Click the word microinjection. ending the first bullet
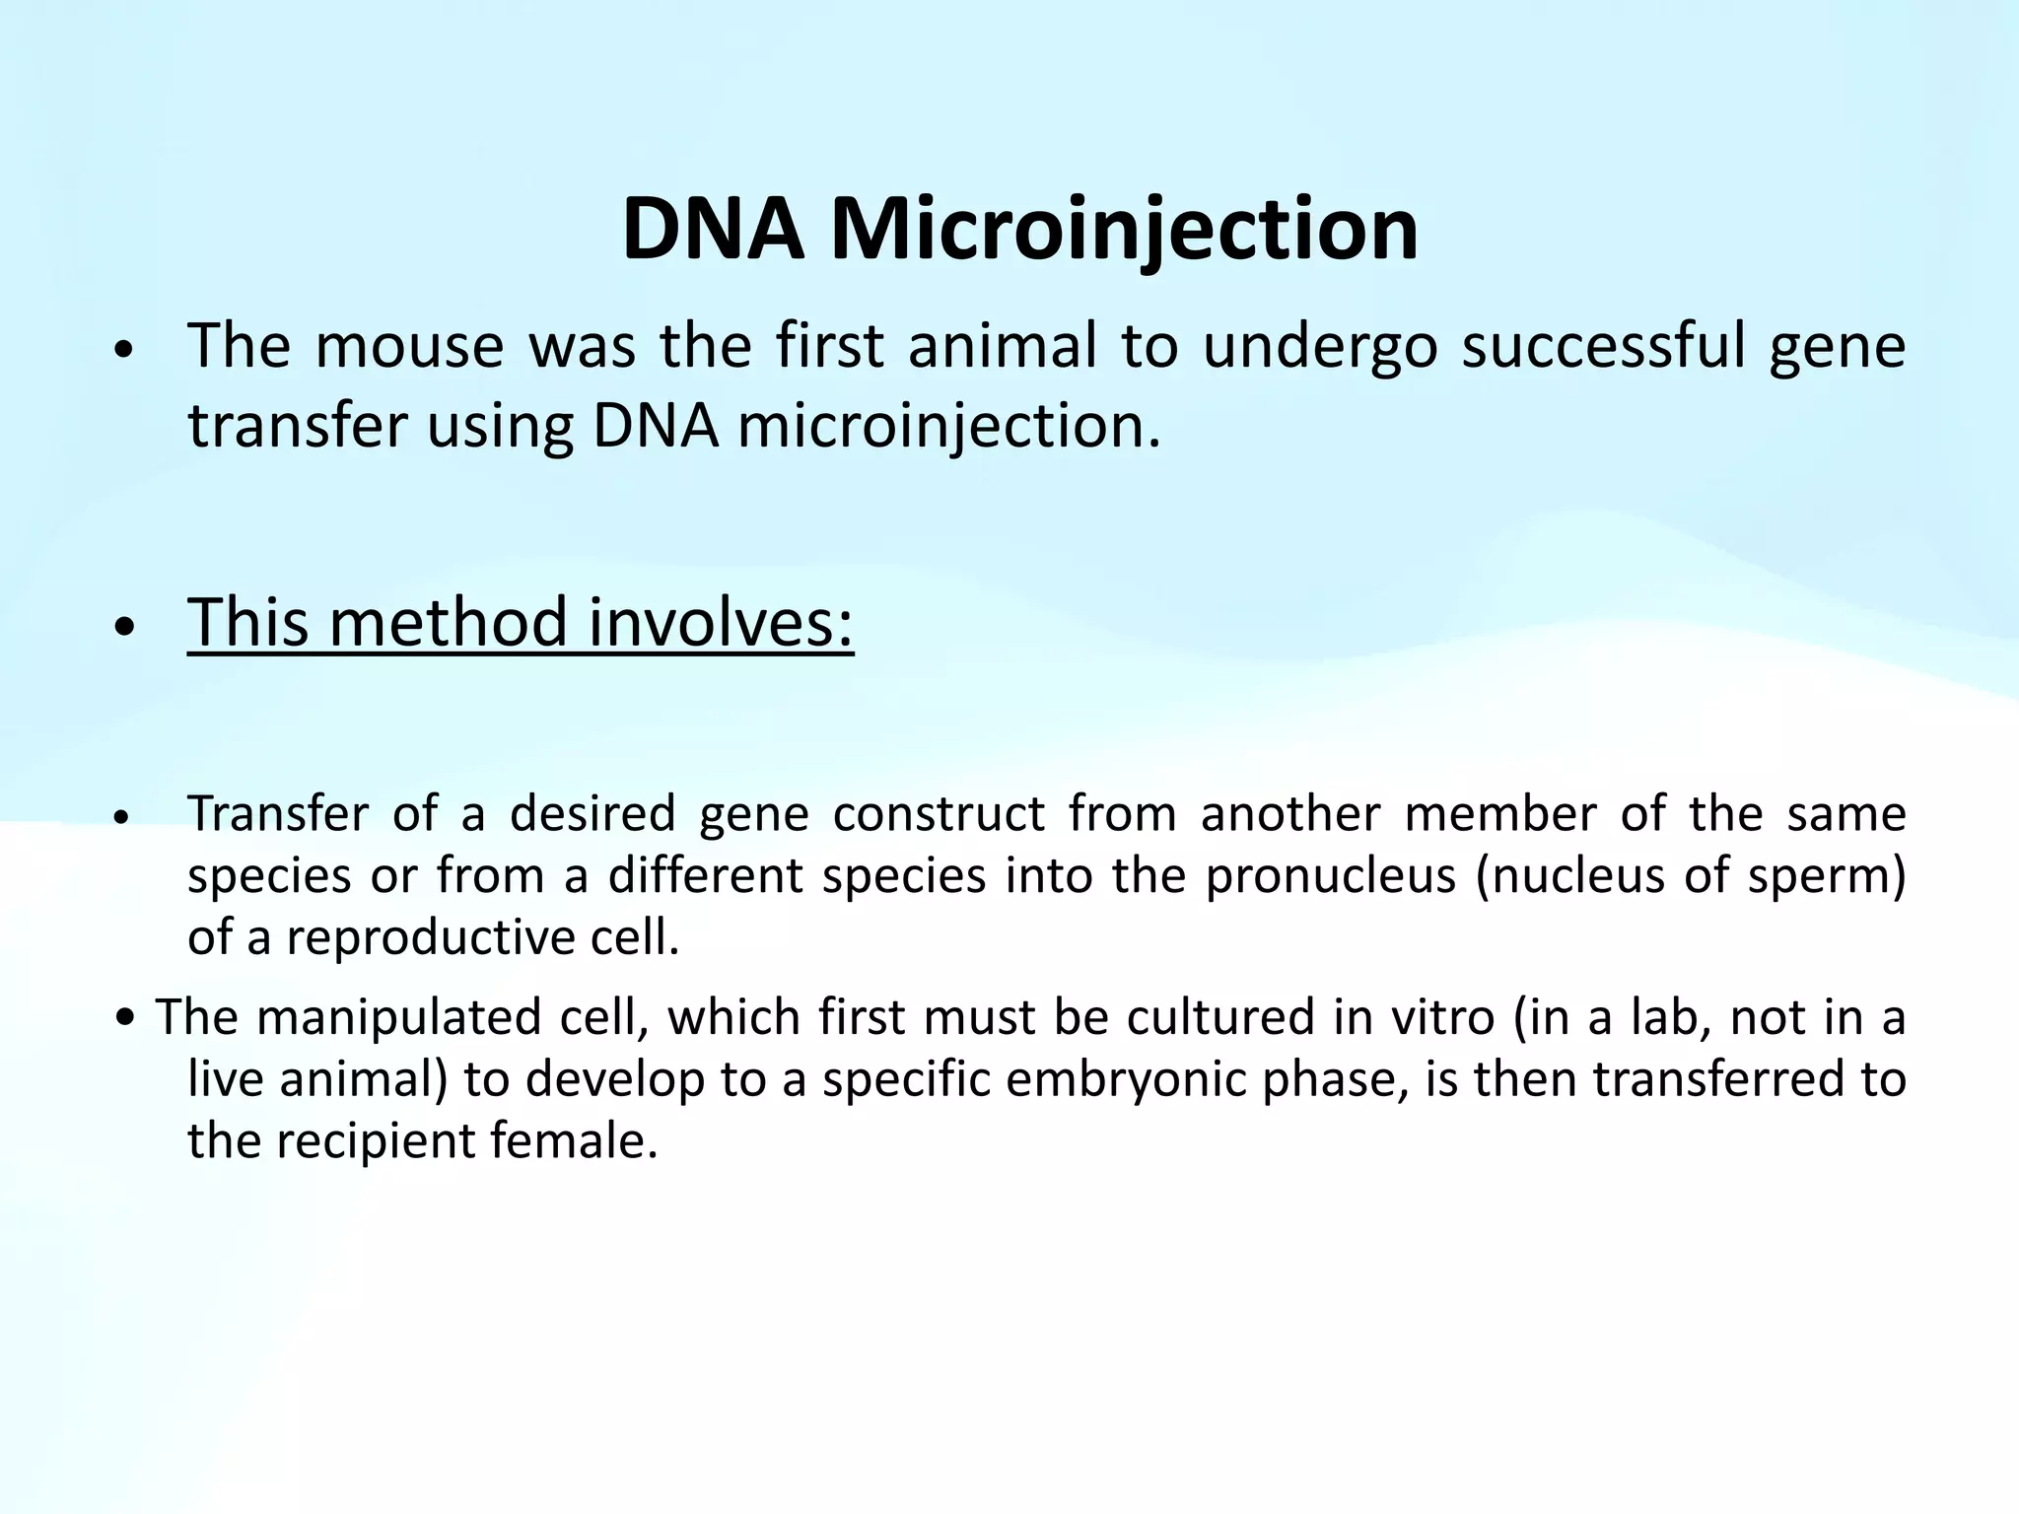tap(949, 427)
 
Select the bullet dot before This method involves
tap(123, 628)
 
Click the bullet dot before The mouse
tap(123, 351)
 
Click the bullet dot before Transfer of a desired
tap(123, 818)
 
